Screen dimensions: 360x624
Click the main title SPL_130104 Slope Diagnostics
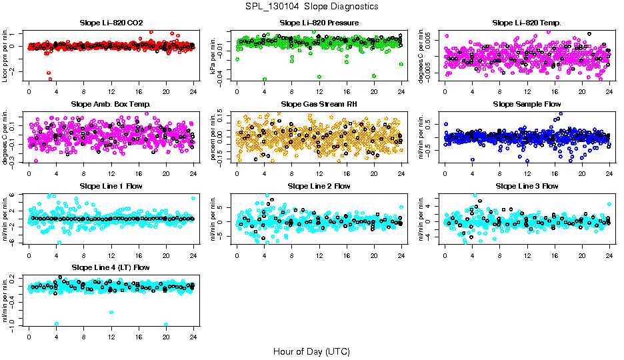(311, 6)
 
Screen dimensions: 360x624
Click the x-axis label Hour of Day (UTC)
(311, 351)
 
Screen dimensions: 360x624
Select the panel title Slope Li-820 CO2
(111, 23)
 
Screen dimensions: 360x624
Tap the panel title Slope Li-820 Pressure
(319, 23)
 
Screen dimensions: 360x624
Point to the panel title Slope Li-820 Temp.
(527, 23)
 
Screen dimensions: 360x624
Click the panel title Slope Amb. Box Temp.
(111, 104)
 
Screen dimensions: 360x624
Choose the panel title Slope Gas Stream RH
(319, 104)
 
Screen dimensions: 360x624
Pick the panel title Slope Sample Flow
(527, 104)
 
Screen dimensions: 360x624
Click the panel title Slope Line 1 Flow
(111, 186)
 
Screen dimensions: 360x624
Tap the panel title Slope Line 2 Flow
(319, 186)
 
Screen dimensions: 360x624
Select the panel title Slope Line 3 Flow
(527, 186)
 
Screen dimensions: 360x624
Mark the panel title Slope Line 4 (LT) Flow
(111, 267)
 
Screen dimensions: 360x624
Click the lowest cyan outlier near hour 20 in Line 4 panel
(166, 324)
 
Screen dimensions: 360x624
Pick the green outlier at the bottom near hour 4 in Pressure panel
(265, 79)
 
